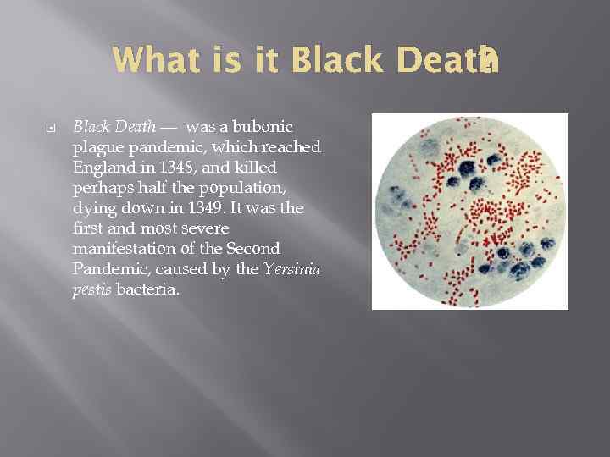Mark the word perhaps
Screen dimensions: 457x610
pos(99,188)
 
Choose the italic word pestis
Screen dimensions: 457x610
pos(92,289)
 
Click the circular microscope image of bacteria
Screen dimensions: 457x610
pos(469,212)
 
